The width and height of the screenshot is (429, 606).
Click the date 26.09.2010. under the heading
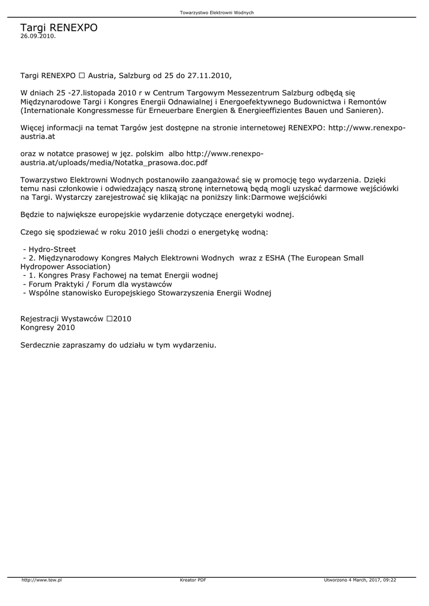tap(38, 36)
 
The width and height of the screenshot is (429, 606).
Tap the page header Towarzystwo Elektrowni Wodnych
tap(217, 12)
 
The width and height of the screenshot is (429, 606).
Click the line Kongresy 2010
tap(48, 327)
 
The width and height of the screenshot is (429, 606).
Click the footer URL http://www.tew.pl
tap(42, 580)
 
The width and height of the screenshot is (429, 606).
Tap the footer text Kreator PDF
tap(193, 580)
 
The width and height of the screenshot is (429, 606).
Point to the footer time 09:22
tap(389, 580)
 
